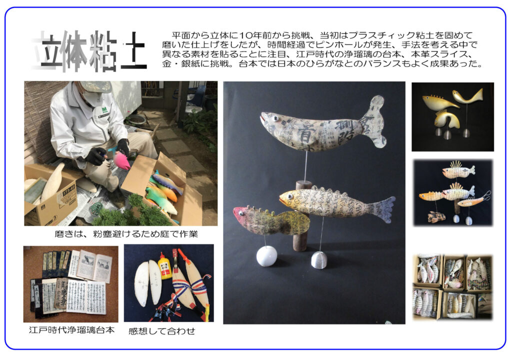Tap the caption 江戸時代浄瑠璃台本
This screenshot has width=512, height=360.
tap(71, 330)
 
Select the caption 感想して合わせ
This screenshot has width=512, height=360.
tap(161, 331)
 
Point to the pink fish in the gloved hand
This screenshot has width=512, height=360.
tap(121, 160)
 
